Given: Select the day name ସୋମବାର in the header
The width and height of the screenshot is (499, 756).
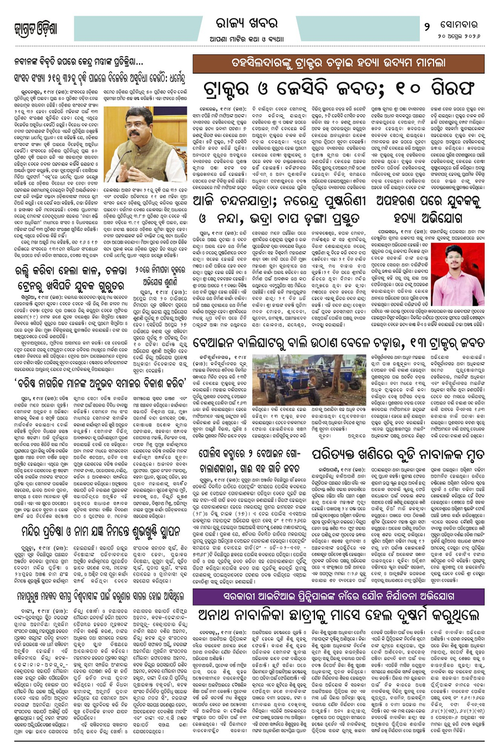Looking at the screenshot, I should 463,26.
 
